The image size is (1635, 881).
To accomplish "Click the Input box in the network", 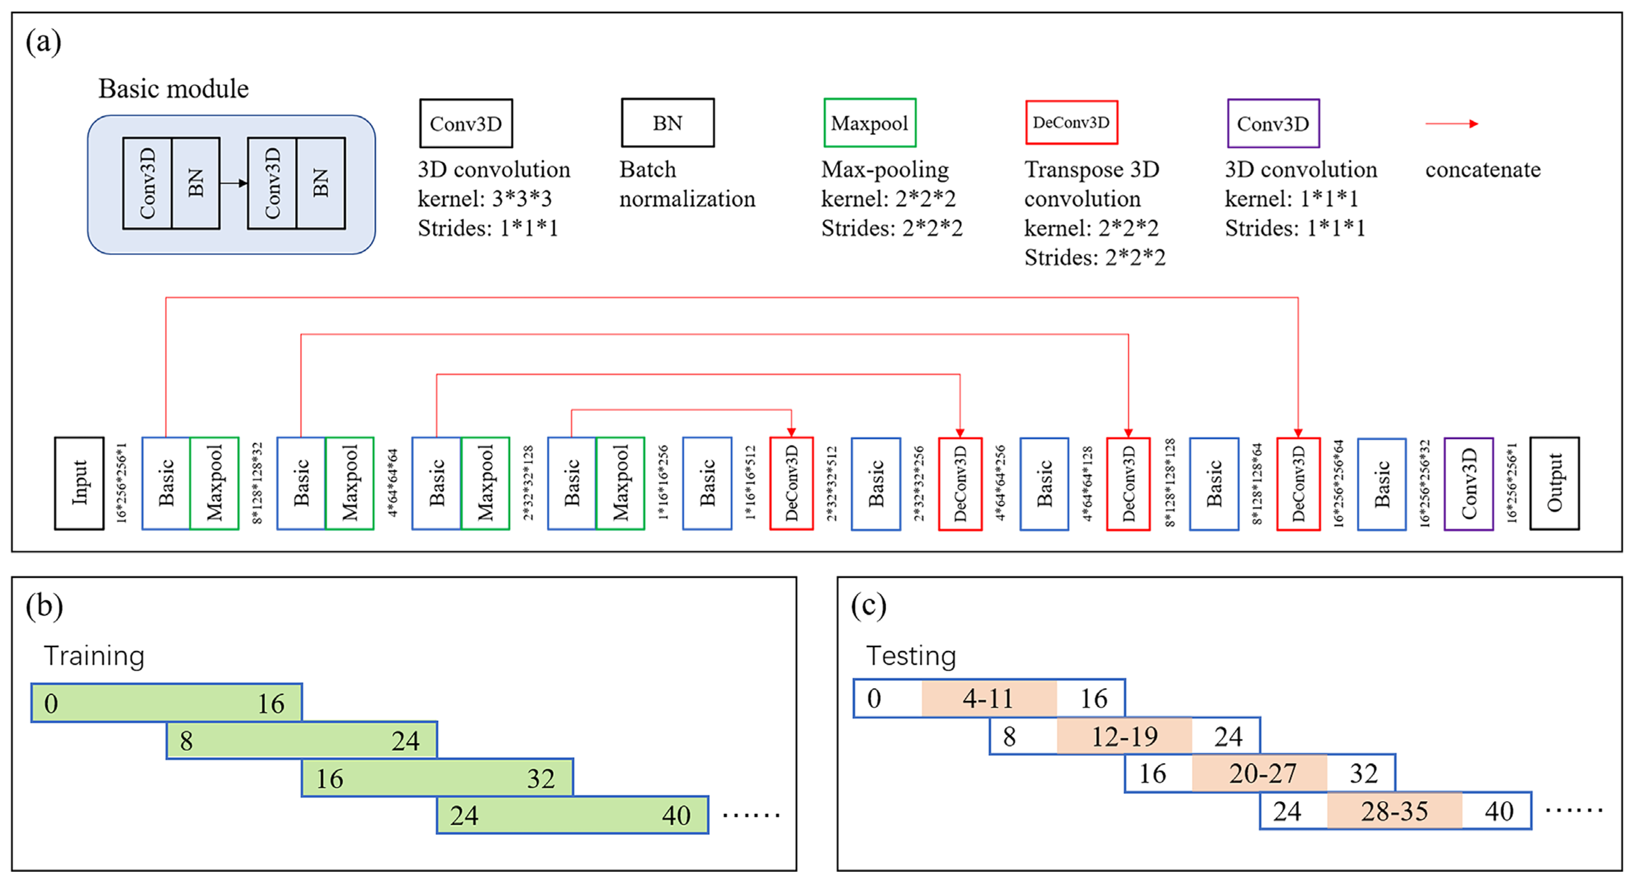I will click(79, 483).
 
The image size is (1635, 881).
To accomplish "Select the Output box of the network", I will click(1554, 483).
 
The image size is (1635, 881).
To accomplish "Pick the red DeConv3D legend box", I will click(1071, 122).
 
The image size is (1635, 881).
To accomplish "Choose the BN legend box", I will click(668, 122).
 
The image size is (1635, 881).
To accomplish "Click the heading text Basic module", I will click(173, 89).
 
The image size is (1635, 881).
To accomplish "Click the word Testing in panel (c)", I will click(911, 656).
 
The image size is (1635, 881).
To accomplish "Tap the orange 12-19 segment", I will click(1124, 736).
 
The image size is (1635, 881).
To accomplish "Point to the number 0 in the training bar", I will click(51, 703).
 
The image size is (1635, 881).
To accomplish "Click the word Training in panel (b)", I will click(94, 656).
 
